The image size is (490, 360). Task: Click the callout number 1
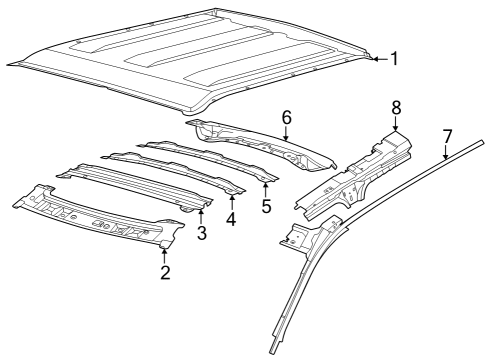(393, 59)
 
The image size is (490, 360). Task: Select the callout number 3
(201, 234)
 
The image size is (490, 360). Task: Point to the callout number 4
(232, 217)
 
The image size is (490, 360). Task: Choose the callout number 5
(266, 206)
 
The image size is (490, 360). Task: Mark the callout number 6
(286, 117)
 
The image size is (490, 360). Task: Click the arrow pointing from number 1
(377, 59)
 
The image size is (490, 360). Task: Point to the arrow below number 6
(286, 135)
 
